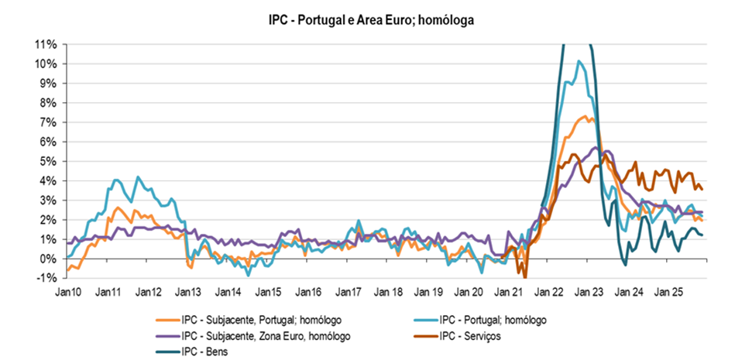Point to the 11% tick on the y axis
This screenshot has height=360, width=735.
tap(44, 44)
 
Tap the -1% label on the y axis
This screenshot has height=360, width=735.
tap(46, 278)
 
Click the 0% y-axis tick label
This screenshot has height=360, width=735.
tap(46, 259)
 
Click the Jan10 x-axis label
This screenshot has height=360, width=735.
tap(68, 293)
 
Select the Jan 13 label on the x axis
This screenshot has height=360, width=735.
tap(188, 293)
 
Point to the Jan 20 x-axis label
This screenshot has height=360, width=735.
tap(469, 293)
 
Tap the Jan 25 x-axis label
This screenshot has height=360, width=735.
tap(668, 293)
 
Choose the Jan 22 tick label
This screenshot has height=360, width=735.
tap(548, 293)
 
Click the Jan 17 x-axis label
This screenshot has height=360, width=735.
tap(349, 293)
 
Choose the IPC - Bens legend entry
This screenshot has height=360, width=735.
tap(203, 352)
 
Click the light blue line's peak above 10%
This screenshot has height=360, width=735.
tap(579, 60)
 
